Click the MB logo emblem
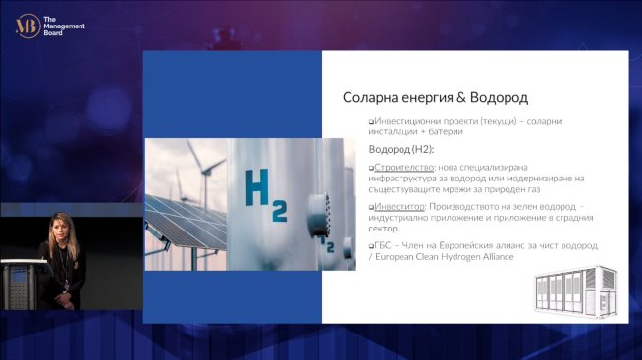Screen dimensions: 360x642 tap(27, 26)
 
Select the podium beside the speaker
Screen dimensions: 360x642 tap(20, 284)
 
